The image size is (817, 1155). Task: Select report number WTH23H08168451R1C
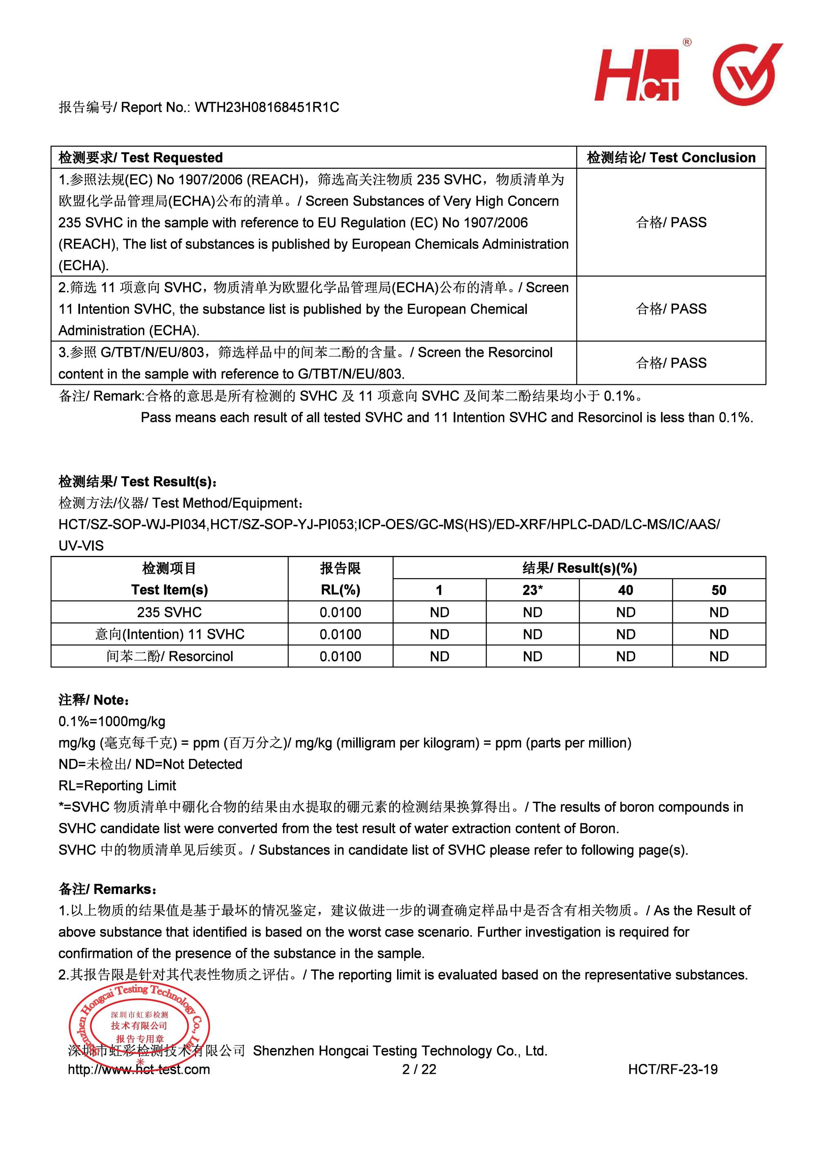pyautogui.click(x=267, y=107)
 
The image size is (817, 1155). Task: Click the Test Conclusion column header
pyautogui.click(x=671, y=158)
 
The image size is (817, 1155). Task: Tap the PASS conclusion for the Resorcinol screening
pyautogui.click(x=671, y=363)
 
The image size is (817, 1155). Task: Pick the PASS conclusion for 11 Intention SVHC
pyautogui.click(x=671, y=308)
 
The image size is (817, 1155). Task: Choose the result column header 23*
pyautogui.click(x=532, y=590)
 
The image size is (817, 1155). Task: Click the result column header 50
pyautogui.click(x=719, y=590)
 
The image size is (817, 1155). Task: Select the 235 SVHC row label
pyautogui.click(x=169, y=612)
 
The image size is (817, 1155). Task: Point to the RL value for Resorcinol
pyautogui.click(x=340, y=656)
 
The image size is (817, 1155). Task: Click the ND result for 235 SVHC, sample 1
pyautogui.click(x=439, y=612)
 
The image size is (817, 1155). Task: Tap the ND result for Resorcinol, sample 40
pyautogui.click(x=625, y=656)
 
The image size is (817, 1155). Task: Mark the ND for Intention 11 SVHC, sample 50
pyautogui.click(x=719, y=634)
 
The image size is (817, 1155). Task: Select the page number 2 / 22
pyautogui.click(x=419, y=1069)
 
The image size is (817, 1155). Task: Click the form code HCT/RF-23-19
pyautogui.click(x=673, y=1069)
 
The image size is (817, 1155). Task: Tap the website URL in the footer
pyautogui.click(x=139, y=1069)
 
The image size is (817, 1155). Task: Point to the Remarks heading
pyautogui.click(x=108, y=889)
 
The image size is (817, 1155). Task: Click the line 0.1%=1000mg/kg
pyautogui.click(x=112, y=721)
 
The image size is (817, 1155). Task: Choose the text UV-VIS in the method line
pyautogui.click(x=81, y=545)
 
